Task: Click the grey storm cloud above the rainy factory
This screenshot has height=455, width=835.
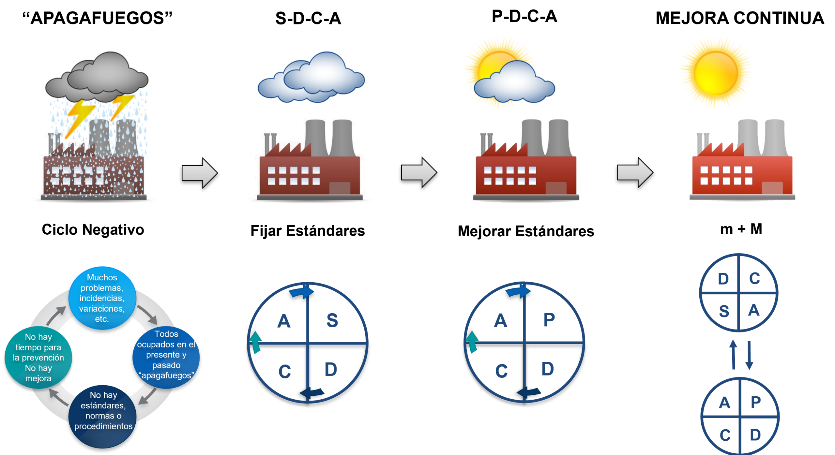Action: [x=98, y=77]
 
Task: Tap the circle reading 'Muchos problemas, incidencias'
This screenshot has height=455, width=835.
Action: [x=102, y=298]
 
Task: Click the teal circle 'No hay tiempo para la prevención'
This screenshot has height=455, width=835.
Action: [x=38, y=357]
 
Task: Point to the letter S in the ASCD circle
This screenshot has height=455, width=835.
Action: [x=332, y=320]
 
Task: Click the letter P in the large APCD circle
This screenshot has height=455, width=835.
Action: [x=549, y=320]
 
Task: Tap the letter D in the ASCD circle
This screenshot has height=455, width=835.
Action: [x=331, y=369]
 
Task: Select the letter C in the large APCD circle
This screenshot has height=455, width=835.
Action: [x=501, y=371]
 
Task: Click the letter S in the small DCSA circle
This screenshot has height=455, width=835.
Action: [x=724, y=311]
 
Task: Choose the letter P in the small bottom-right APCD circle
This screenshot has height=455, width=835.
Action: [x=756, y=403]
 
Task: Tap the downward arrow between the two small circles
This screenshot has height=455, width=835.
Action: [x=749, y=355]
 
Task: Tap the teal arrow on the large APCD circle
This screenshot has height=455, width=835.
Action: [x=472, y=342]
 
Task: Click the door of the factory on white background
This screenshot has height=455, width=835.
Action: [x=772, y=189]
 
